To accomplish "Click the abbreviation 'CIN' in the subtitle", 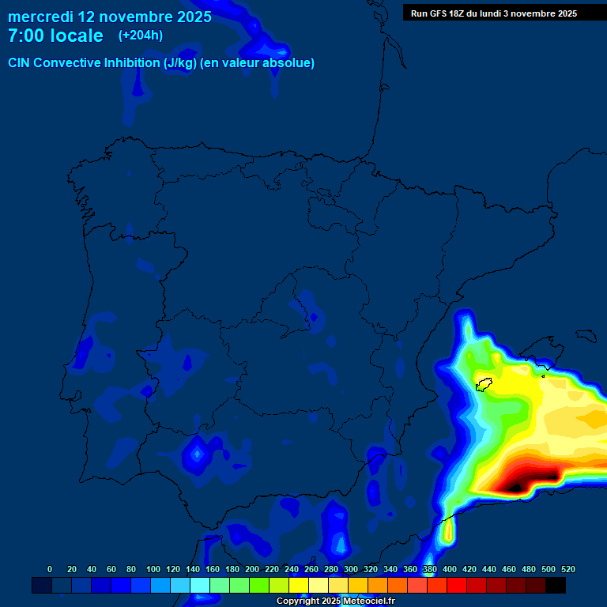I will [20, 63].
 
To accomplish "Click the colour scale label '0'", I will [50, 570].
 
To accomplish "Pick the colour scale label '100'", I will [153, 570].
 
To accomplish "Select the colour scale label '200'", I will [252, 570].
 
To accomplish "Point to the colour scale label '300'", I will [351, 570].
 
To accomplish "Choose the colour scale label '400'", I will [450, 570].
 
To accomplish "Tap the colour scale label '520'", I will [567, 570].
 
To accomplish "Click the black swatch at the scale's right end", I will [556, 585].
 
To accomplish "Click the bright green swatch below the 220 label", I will [259, 585].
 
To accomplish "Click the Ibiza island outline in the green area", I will [483, 384].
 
